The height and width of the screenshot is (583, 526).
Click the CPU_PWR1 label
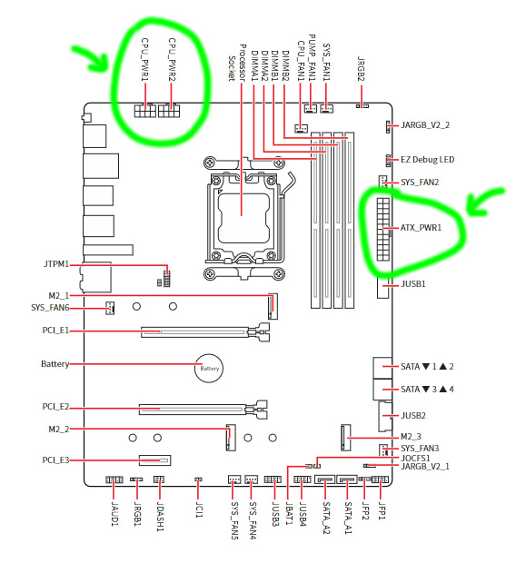pos(145,60)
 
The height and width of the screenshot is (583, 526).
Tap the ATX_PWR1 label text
pos(421,228)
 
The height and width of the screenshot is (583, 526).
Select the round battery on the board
pos(209,368)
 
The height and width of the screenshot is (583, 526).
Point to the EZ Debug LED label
pos(427,160)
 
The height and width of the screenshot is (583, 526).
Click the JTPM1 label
pos(56,264)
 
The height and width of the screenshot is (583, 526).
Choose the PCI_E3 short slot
pos(155,460)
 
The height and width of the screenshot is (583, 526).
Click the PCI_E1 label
pos(55,331)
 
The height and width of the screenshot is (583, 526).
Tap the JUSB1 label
pos(413,284)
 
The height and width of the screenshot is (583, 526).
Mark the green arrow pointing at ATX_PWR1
pos(483,201)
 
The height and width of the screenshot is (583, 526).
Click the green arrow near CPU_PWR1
pos(91,59)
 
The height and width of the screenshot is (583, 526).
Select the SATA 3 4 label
pos(427,390)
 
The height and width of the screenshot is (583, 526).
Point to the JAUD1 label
pos(114,514)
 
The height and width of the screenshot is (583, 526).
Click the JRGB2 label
pos(361,68)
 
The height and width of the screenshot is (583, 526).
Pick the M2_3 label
pos(411,437)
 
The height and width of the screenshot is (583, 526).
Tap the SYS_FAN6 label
pos(50,308)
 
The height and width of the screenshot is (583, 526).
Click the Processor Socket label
pos(236,63)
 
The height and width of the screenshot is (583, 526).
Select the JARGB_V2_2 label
pos(425,125)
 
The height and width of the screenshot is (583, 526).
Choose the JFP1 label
pos(382,510)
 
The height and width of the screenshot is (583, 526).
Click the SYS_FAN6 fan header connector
pos(110,308)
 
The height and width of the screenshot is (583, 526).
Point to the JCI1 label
pos(199,509)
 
